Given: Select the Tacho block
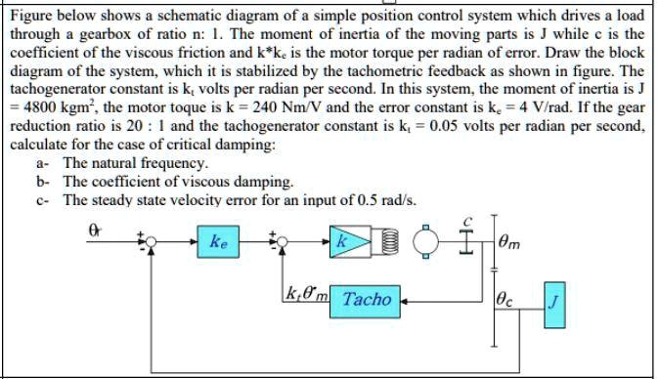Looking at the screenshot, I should pos(367,300).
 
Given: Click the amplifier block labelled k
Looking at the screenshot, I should pos(341,240).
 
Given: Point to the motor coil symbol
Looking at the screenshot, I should pos(389,240).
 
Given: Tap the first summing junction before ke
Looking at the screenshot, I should pos(149,239).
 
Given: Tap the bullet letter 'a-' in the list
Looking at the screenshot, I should pos(42,163).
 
